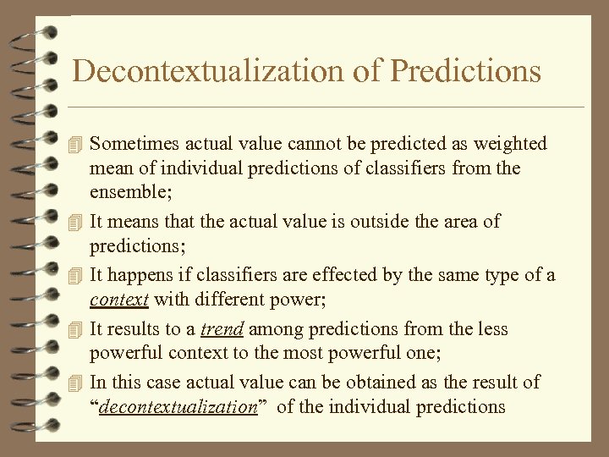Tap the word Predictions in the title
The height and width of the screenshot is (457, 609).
(x=465, y=71)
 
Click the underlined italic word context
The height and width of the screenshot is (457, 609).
(x=119, y=299)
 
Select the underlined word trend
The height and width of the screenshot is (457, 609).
(x=222, y=328)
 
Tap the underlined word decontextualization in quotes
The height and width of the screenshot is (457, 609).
(x=178, y=406)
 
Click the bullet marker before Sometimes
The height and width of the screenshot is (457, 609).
(x=77, y=145)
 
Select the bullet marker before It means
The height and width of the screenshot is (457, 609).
(x=77, y=222)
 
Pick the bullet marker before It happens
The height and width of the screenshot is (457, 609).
(x=77, y=275)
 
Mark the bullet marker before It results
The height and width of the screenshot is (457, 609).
(x=77, y=329)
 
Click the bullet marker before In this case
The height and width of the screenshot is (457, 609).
(x=77, y=383)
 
